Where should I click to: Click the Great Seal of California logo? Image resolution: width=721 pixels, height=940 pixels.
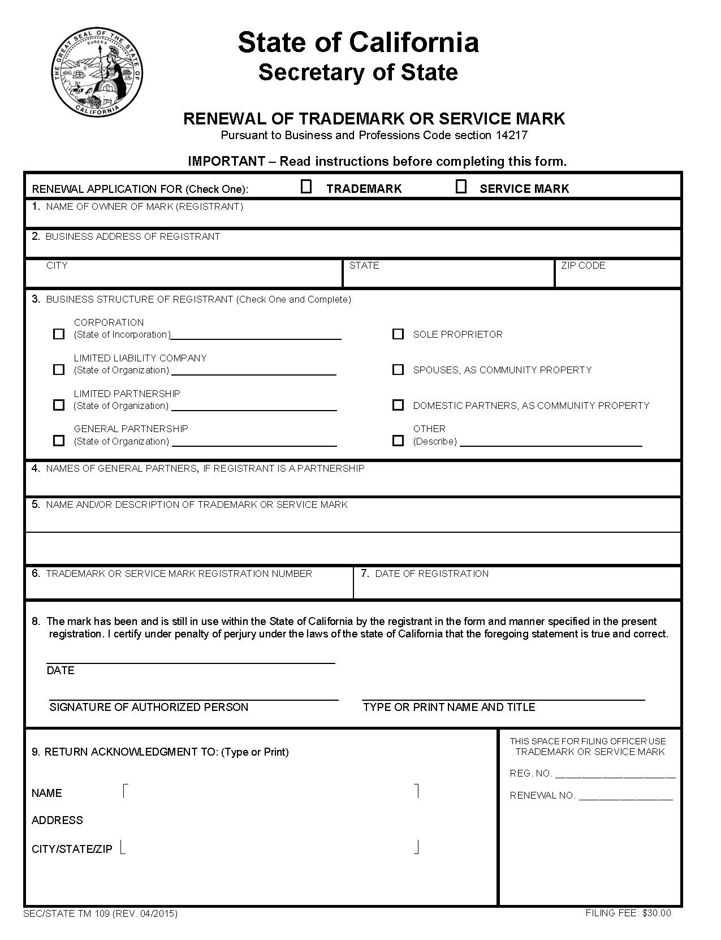[97, 72]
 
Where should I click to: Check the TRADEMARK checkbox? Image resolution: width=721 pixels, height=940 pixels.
[306, 187]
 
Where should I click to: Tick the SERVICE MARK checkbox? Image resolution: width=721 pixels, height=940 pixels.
[461, 187]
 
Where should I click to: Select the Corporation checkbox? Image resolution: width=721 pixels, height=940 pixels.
[59, 334]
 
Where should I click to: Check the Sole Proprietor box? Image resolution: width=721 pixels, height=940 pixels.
[398, 334]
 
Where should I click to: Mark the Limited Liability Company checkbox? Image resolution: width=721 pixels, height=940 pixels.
[59, 370]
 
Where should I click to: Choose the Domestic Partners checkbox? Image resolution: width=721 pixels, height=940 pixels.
[398, 405]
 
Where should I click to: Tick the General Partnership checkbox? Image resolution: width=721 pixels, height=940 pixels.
[59, 441]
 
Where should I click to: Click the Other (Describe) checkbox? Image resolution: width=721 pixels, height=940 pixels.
[398, 441]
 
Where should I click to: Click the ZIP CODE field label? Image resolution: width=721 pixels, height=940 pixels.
[583, 265]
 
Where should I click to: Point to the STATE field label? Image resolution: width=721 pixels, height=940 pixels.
[364, 265]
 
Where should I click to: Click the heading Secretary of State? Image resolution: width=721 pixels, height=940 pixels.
[358, 72]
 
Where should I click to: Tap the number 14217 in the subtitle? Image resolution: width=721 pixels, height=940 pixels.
[511, 135]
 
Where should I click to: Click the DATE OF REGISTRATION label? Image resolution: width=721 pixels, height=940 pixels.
[431, 574]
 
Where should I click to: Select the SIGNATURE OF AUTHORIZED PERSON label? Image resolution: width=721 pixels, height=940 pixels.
[149, 707]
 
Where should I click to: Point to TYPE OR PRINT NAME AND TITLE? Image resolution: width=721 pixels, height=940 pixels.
[449, 707]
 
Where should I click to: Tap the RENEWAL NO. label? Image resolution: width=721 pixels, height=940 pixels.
[542, 795]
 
